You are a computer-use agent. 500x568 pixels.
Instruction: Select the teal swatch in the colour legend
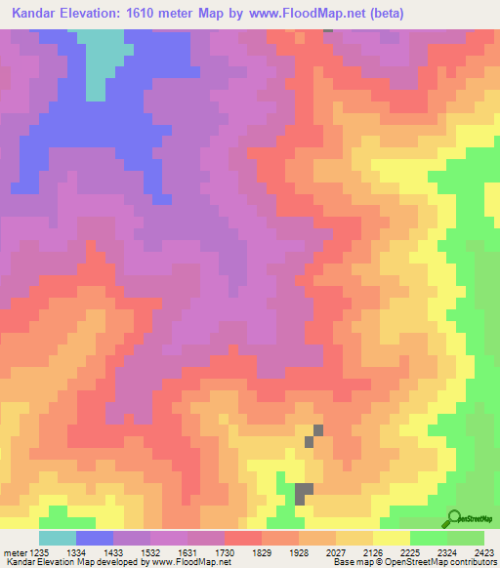point(58,538)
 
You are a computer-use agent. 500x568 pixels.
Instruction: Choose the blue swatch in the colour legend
point(95,538)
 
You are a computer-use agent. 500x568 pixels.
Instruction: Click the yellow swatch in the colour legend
point(392,538)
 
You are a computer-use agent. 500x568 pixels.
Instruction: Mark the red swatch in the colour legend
point(243,538)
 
